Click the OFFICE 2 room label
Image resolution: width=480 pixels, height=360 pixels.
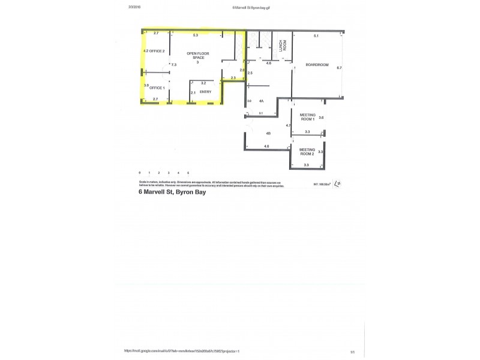point(157,51)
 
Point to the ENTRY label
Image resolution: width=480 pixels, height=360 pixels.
point(205,92)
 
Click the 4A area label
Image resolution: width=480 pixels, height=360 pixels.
point(262,101)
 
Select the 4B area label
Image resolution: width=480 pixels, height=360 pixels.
point(268,133)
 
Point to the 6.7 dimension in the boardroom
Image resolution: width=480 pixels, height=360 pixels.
point(339,68)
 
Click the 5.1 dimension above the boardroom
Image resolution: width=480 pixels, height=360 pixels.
point(316,37)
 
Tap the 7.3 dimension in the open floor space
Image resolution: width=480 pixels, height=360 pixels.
point(173,64)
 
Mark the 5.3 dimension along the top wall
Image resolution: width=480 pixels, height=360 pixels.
point(196,35)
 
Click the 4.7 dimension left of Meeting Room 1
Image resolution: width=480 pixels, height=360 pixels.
point(288,125)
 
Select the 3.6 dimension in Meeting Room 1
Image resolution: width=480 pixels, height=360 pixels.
point(321,118)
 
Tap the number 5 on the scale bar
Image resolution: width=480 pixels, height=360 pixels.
point(188,172)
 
